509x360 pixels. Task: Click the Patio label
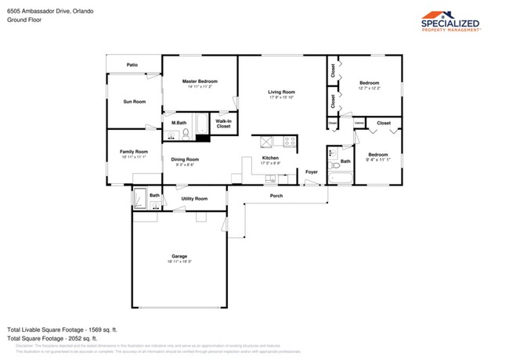[x=134, y=64]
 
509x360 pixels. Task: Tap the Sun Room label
[x=134, y=102]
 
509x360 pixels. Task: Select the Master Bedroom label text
[x=200, y=81]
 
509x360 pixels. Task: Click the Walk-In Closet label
[x=223, y=124]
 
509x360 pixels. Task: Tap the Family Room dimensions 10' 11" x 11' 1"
[x=133, y=157]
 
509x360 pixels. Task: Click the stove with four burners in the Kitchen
[x=289, y=142]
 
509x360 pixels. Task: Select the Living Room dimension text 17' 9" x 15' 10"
[x=281, y=97]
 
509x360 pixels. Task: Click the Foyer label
[x=311, y=172]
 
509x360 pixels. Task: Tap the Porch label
[x=276, y=196]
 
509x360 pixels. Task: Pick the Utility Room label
[x=193, y=199]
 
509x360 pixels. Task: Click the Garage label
[x=179, y=257]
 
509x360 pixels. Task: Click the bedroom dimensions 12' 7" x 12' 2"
[x=369, y=88]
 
